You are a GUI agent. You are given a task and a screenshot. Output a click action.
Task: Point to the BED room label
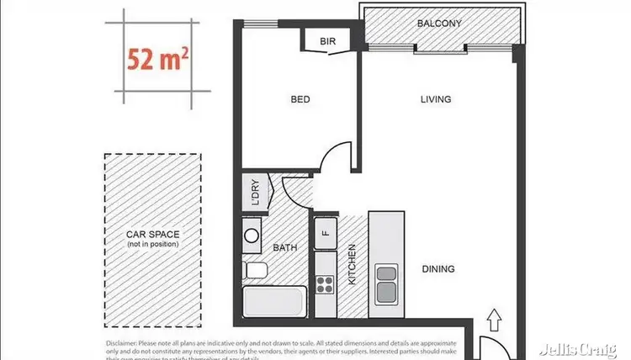click(x=300, y=99)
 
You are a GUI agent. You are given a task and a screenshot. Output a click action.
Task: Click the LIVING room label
click(x=436, y=99)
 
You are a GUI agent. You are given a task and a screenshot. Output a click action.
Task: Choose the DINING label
click(x=437, y=269)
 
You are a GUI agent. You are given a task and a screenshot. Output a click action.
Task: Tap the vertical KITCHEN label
click(x=353, y=265)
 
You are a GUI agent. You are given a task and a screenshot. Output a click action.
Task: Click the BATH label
click(x=284, y=247)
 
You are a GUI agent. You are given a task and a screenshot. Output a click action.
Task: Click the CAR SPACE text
click(x=153, y=235)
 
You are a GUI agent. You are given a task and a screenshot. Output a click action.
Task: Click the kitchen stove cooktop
click(x=325, y=283)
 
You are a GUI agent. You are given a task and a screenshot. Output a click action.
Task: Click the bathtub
click(x=273, y=302)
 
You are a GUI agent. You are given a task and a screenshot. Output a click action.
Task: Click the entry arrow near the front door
click(x=496, y=320)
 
